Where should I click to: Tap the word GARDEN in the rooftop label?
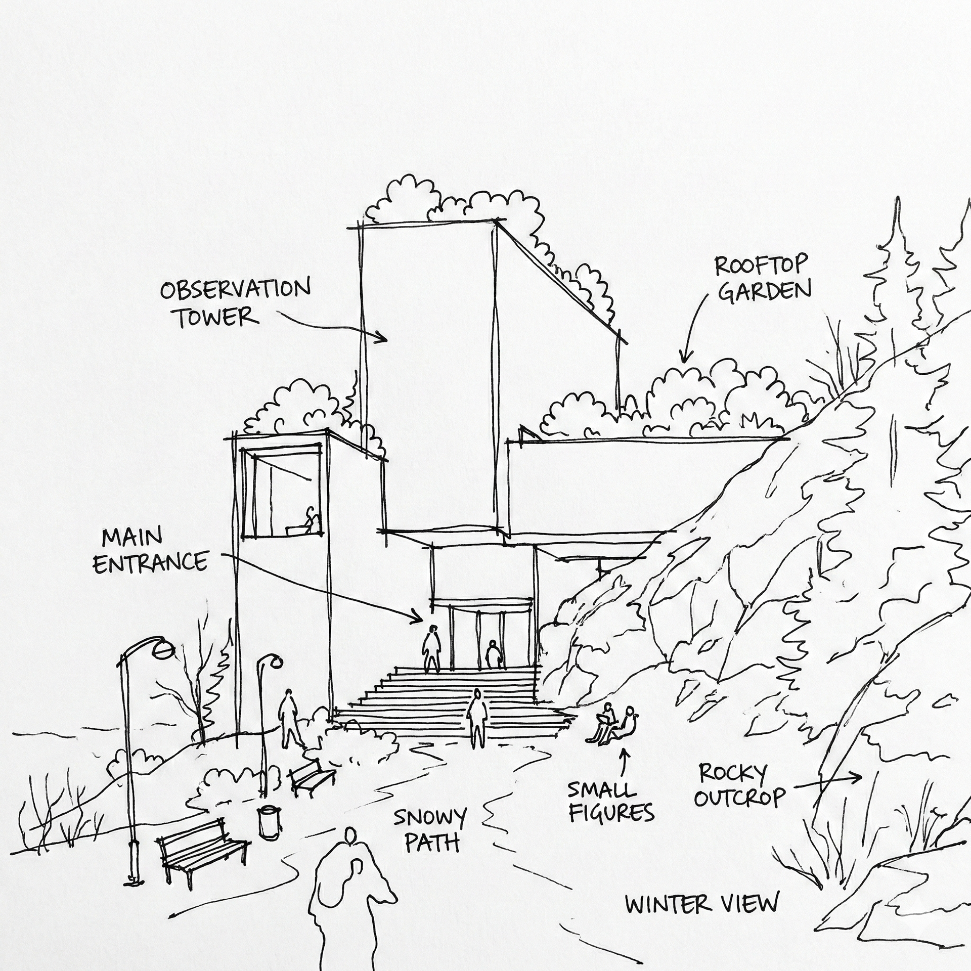[x=764, y=292]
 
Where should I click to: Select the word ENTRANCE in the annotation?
[x=151, y=562]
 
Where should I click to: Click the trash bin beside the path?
[x=267, y=821]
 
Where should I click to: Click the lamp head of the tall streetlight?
[x=164, y=648]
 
